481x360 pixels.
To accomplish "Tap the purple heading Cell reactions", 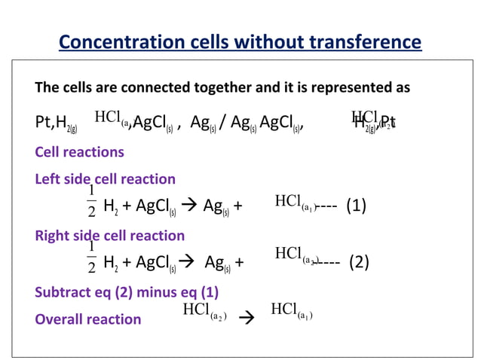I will click(80, 152).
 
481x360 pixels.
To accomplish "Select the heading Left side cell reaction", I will click(105, 179).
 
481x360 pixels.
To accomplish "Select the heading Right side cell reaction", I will click(109, 235).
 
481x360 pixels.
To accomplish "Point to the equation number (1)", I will click(356, 205).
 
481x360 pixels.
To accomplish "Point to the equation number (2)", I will click(359, 262).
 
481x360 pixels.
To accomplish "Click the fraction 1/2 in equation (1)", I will click(91, 198).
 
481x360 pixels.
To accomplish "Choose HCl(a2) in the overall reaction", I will click(205, 311).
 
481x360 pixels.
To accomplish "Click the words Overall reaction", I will click(88, 319).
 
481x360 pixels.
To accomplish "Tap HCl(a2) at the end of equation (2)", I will click(297, 255).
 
